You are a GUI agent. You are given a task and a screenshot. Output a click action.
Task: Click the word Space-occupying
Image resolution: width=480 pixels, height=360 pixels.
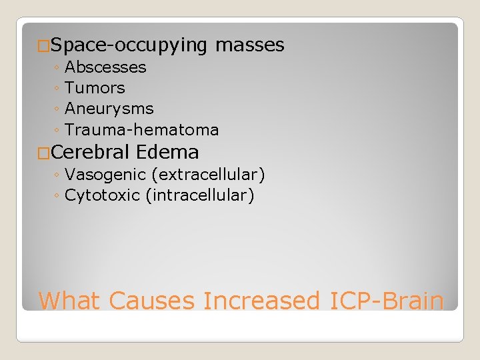[x=129, y=45]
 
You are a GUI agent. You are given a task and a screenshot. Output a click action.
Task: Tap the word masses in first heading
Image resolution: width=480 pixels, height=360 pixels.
[x=250, y=45]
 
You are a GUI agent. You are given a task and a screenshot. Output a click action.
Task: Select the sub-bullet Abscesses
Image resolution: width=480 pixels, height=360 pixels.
[x=105, y=67]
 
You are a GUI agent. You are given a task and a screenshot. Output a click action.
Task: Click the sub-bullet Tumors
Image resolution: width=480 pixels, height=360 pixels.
[x=95, y=88]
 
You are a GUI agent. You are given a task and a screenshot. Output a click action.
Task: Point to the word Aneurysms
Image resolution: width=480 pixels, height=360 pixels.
[x=109, y=109]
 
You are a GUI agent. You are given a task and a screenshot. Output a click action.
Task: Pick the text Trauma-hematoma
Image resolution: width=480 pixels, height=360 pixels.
[x=142, y=129]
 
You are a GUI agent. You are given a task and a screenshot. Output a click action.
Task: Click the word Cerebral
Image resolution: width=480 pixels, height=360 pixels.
[x=88, y=152]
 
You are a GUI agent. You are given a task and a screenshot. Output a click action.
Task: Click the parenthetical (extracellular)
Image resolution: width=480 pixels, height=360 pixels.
[x=209, y=175]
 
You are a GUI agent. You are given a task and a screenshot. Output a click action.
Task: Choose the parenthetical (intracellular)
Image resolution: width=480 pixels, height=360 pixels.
[x=200, y=196]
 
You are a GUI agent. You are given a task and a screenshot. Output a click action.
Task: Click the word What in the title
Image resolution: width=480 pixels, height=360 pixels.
[x=70, y=301]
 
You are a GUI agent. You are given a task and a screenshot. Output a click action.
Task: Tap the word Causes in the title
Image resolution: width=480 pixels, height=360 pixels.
[x=151, y=301]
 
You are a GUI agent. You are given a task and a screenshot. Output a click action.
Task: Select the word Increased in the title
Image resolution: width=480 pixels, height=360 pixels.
[x=262, y=301]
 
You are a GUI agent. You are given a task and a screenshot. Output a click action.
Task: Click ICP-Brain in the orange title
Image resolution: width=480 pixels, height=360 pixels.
[x=387, y=301]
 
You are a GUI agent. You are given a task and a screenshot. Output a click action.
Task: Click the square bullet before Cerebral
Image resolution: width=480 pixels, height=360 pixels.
[x=44, y=153]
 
